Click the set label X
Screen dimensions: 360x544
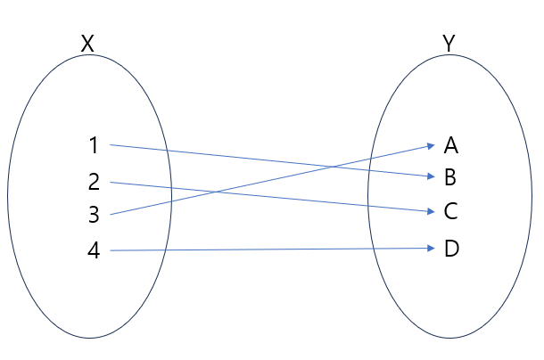(87, 43)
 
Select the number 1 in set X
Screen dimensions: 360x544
(94, 144)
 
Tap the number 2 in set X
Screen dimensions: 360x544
(94, 182)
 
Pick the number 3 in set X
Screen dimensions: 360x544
(94, 215)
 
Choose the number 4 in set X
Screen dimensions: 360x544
(94, 251)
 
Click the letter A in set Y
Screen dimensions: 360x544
(450, 144)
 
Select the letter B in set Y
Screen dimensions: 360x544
(450, 177)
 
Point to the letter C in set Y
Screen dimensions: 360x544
(450, 212)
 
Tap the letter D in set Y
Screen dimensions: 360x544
(450, 249)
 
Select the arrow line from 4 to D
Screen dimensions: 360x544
(268, 250)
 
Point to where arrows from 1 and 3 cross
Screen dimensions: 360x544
(332, 165)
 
